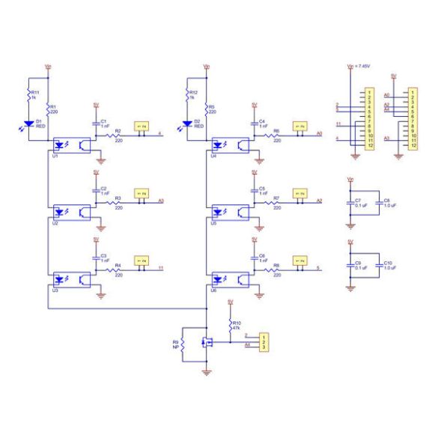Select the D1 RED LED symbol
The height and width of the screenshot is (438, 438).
(x=29, y=123)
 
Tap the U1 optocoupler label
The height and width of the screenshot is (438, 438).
(x=55, y=155)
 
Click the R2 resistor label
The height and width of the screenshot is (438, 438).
(x=118, y=130)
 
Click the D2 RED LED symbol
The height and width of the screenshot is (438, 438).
(x=187, y=123)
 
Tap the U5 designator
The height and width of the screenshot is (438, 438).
(x=213, y=222)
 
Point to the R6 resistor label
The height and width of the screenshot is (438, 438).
(x=276, y=130)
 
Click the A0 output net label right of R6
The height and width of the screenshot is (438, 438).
(x=320, y=134)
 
